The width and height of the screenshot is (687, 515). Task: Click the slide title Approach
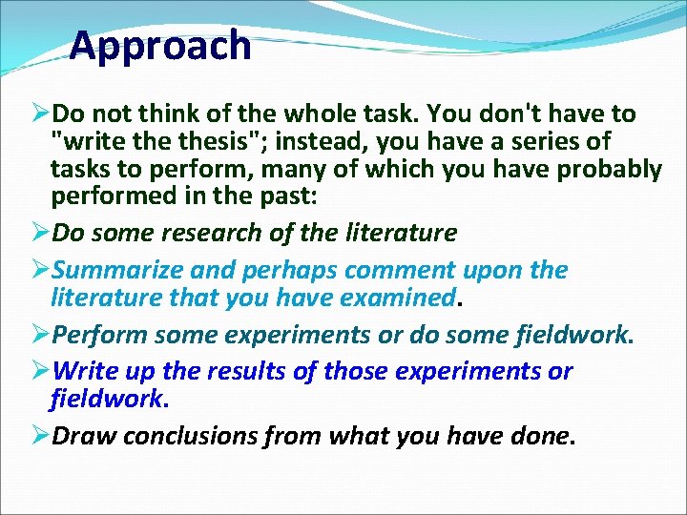click(x=160, y=46)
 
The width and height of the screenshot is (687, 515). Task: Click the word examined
click(x=395, y=298)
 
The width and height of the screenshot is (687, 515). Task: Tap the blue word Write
click(x=85, y=371)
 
